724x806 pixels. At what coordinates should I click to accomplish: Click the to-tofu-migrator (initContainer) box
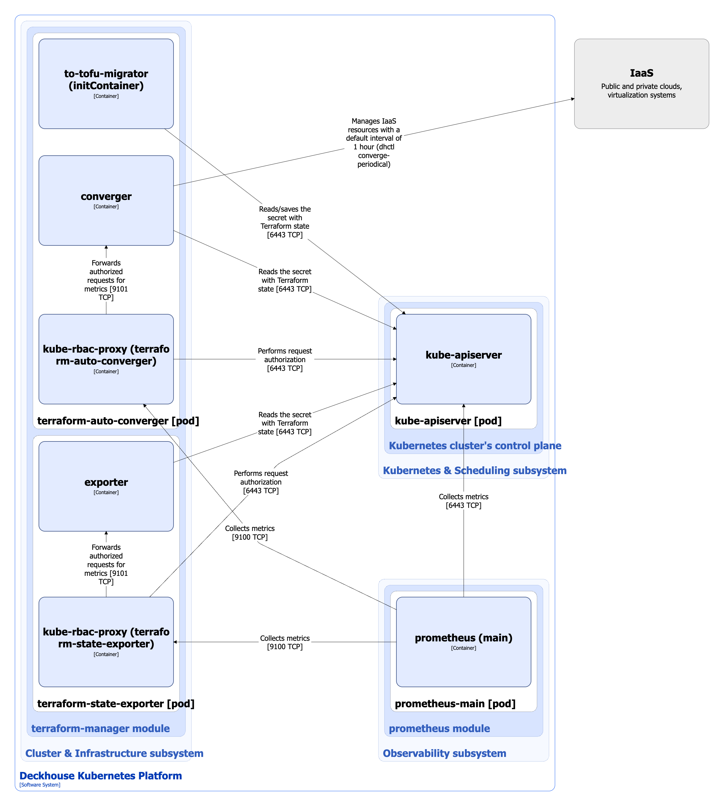tap(106, 84)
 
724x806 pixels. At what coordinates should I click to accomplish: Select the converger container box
tap(106, 200)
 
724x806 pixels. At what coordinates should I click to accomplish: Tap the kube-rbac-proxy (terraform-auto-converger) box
tap(106, 359)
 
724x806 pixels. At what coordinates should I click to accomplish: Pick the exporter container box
tap(106, 486)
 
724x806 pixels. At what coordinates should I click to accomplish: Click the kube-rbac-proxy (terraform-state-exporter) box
tap(106, 642)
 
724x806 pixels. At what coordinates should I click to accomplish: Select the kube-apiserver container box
tap(463, 359)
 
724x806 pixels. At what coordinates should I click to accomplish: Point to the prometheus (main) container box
tap(463, 642)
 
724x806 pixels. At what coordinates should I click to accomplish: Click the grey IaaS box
tap(641, 84)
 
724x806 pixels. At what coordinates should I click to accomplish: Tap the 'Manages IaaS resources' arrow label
tap(374, 142)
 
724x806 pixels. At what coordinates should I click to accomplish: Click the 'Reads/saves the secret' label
tap(285, 222)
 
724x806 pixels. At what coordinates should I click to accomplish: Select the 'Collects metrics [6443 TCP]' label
tap(463, 501)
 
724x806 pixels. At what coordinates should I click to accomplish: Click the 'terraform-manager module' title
tap(100, 728)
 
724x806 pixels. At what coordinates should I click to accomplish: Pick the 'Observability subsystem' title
tap(444, 753)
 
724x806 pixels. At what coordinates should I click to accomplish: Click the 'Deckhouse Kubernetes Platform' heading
tap(101, 775)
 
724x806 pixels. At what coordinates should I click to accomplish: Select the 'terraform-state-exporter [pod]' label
tap(116, 703)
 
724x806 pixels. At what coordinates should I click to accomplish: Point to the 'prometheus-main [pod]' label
tap(455, 703)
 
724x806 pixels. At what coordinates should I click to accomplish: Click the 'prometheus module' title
tap(439, 728)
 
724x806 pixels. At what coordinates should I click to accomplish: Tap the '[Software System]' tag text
tap(40, 784)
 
